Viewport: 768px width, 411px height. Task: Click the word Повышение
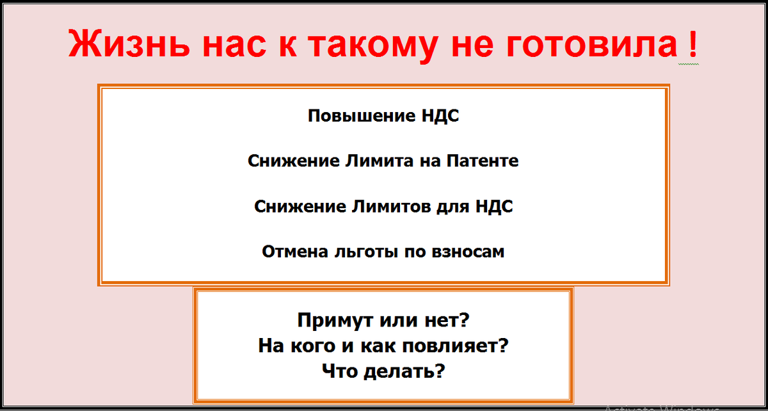[362, 116]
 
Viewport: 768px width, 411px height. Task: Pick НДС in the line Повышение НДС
[440, 116]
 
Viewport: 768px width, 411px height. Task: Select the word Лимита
[379, 161]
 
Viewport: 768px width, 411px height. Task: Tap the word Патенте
[483, 161]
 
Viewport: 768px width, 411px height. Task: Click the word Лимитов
[391, 206]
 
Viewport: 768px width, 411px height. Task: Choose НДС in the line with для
[494, 207]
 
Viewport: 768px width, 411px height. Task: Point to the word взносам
[468, 252]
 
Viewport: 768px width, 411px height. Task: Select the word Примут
[335, 321]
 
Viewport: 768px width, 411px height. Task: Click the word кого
[313, 346]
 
